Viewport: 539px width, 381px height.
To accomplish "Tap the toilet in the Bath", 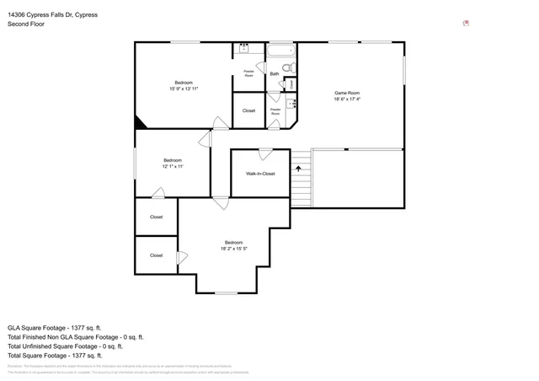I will (x=287, y=67).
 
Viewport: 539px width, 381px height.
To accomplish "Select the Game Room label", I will (x=347, y=93).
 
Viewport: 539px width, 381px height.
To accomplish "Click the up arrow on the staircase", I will (x=297, y=169).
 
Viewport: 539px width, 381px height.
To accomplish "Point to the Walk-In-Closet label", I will (x=260, y=174).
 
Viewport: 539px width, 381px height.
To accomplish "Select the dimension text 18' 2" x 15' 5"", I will (x=233, y=249).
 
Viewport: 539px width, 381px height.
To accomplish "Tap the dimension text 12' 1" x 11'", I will (x=172, y=167).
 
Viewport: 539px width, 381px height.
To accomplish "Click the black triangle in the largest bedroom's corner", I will (x=140, y=123).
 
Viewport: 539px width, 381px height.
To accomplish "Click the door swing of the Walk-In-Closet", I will (x=265, y=154).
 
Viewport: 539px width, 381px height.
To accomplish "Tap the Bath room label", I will (x=275, y=74).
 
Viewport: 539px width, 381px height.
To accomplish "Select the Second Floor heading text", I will (x=26, y=24).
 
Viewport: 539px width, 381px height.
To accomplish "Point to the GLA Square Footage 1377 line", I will (x=54, y=326).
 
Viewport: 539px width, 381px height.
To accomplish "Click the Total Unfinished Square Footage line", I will (x=65, y=346).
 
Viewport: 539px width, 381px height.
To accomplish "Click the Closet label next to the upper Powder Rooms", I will (x=248, y=110).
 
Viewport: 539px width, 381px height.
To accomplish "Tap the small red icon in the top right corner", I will (x=466, y=24).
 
